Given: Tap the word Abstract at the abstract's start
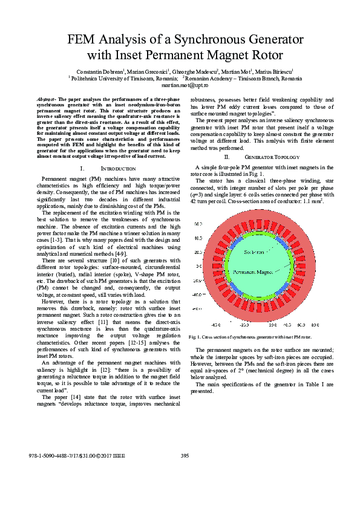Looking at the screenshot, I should [x=47, y=99].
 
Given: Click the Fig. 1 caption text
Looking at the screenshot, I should [x=250, y=337].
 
